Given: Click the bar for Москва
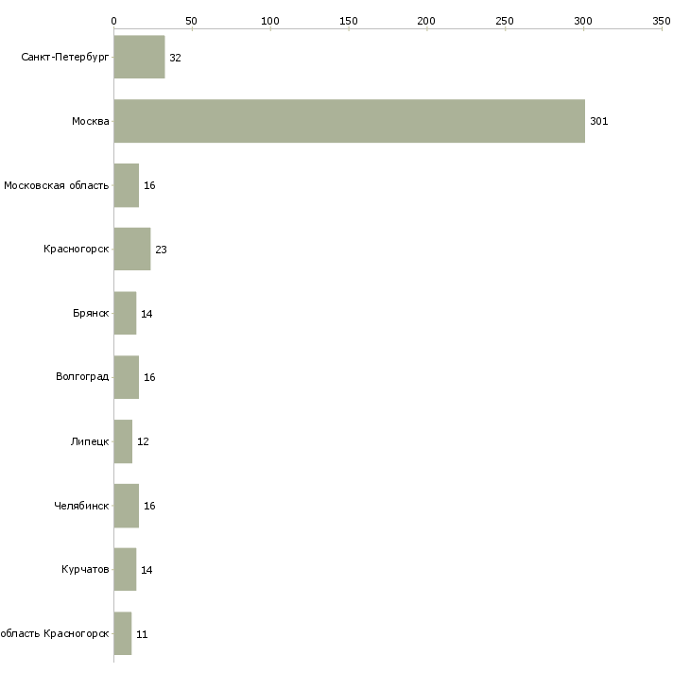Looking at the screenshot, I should pos(349,121).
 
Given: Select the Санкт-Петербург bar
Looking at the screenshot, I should pos(139,58).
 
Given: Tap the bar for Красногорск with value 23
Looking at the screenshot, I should pos(131,250).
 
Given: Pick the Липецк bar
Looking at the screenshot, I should pos(123,441).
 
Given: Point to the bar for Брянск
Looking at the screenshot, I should pos(125,314).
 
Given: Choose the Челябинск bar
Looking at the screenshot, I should pos(126,506).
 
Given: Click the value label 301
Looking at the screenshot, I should pos(598,122).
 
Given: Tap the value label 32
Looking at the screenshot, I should pos(175,58).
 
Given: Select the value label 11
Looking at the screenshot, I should pos(142,634).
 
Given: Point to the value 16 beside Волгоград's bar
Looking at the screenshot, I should pos(149,378).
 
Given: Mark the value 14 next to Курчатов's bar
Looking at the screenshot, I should pos(147,570).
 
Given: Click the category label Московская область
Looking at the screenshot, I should pos(56,185).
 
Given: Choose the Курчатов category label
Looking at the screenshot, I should pos(85,570).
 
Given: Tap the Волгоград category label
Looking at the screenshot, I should pos(82,378).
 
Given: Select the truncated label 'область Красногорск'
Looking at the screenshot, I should pos(54,634).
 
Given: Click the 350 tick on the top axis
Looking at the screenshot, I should pos(662,20).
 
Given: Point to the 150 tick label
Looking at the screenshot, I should pos(349,20).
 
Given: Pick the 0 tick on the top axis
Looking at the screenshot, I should pos(113,20).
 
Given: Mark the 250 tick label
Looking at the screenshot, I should pos(505,20).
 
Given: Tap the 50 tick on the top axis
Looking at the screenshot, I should pos(192,20).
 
